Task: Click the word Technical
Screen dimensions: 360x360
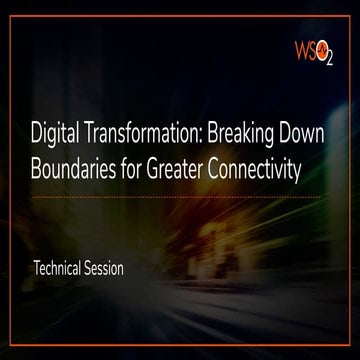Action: [x=62, y=269]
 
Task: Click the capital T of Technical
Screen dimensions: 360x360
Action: [x=37, y=269]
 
